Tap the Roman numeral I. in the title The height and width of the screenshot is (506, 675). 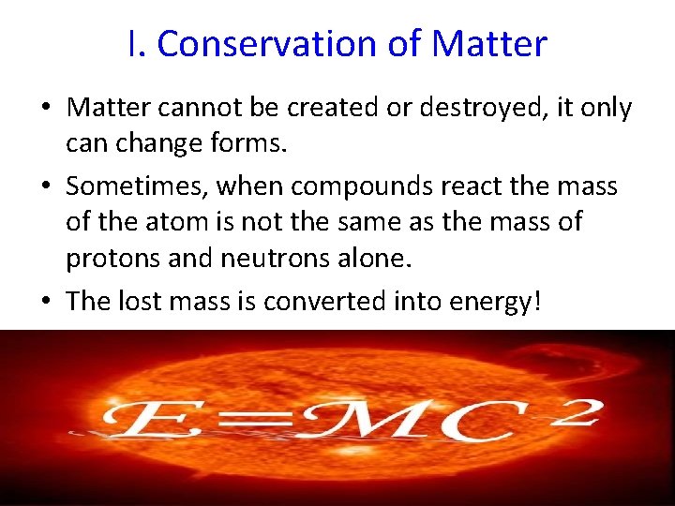coord(136,44)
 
